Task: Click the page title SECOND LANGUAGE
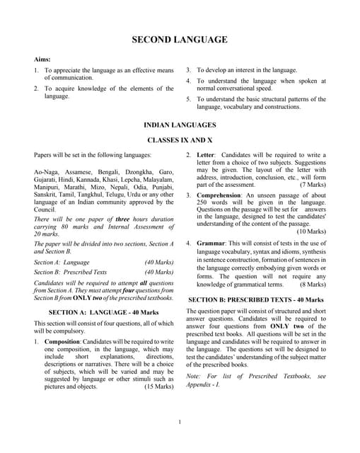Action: click(180, 40)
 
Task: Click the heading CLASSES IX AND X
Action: click(180, 140)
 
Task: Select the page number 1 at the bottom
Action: click(180, 423)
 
